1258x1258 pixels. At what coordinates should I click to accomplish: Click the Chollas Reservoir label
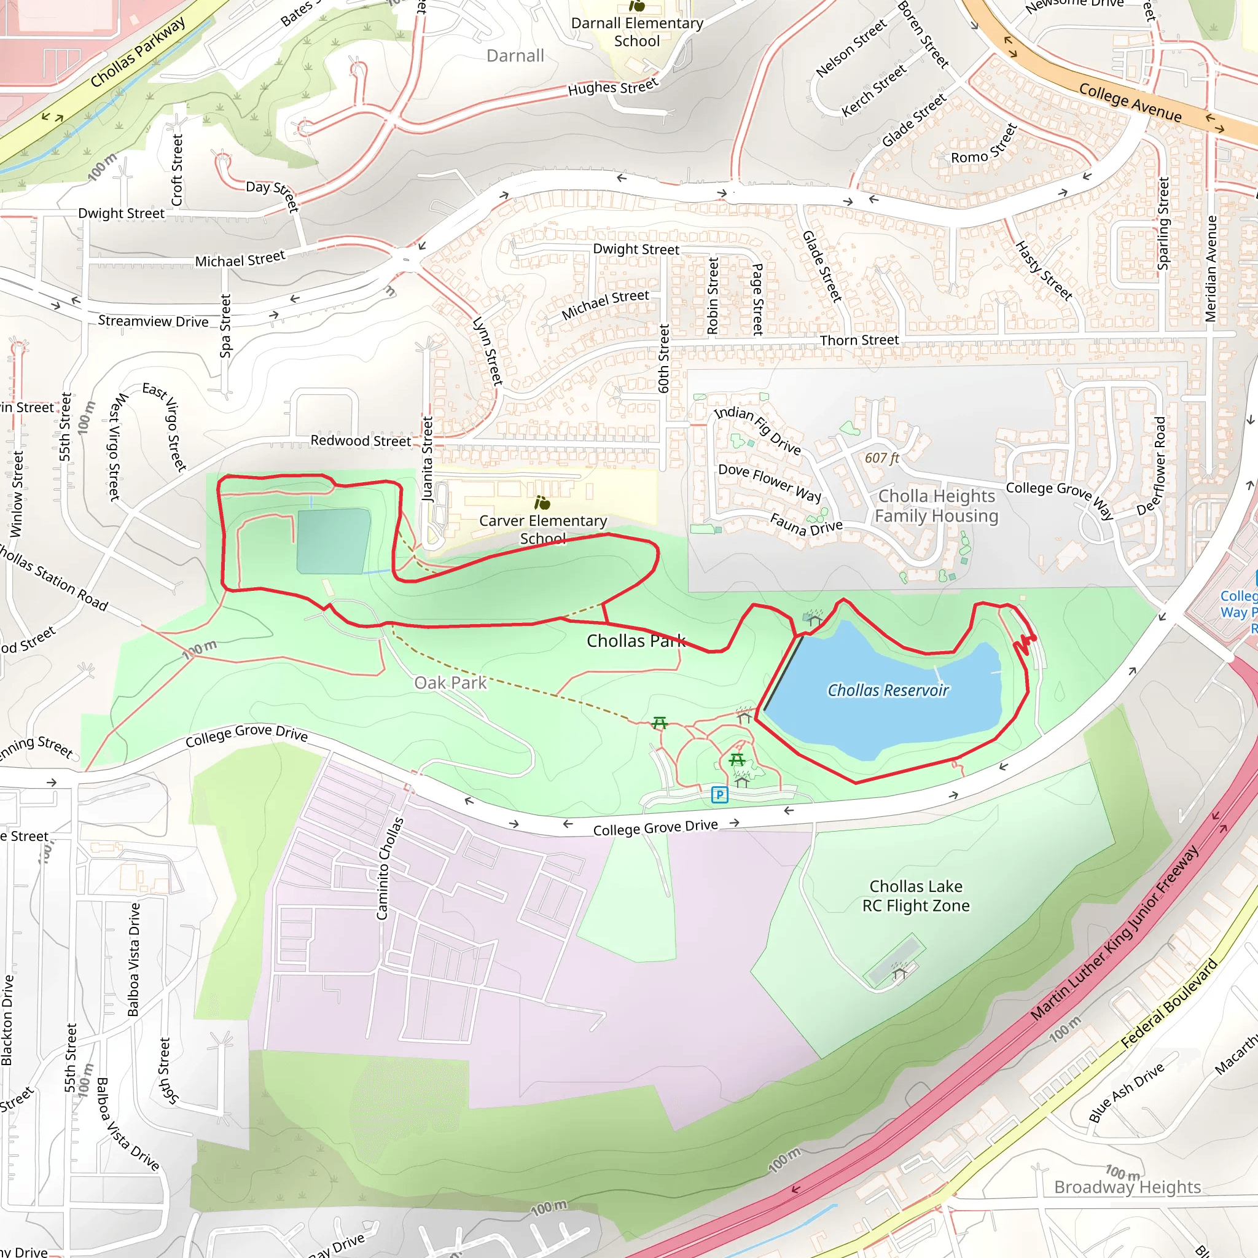coord(888,690)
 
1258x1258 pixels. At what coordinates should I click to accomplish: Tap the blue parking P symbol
coord(719,794)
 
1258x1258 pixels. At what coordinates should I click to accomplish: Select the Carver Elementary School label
coord(543,529)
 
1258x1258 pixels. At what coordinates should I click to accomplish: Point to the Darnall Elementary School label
coord(637,32)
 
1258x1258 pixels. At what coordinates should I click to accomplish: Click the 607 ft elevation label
coord(881,458)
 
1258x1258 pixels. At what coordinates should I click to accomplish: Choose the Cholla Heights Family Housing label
coord(936,506)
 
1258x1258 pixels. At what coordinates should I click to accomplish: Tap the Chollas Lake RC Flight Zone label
coord(915,896)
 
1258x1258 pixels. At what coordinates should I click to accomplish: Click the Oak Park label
coord(451,682)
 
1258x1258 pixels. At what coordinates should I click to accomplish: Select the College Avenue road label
coord(1130,102)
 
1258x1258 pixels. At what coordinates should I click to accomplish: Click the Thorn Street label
coord(859,340)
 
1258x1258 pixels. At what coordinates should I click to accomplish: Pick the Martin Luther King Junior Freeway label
coord(1114,932)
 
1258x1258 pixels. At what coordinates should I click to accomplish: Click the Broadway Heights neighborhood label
coord(1127,1186)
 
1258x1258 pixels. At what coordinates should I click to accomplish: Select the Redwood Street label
coord(361,441)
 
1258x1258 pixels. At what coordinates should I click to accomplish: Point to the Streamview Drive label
coord(153,321)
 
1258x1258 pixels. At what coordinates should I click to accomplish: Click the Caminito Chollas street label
coord(390,869)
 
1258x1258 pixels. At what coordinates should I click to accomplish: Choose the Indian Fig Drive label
coord(757,430)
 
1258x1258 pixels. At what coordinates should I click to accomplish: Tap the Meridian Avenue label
coord(1211,268)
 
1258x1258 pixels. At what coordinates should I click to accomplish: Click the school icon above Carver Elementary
coord(542,502)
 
